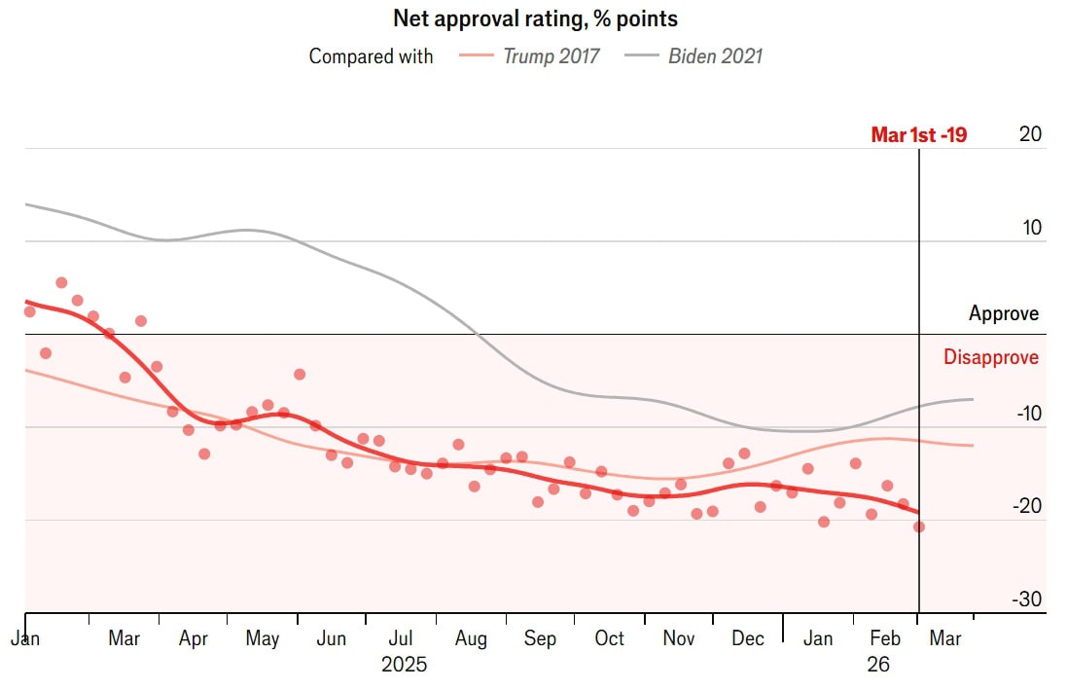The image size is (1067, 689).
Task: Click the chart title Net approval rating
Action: tap(535, 18)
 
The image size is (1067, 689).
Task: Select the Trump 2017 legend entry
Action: tap(551, 55)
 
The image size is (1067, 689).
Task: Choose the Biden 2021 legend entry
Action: tap(715, 55)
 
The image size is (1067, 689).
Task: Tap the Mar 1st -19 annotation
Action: tap(918, 135)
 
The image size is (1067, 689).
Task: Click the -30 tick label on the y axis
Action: tap(1026, 599)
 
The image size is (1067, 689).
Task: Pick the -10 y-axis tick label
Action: tap(1026, 414)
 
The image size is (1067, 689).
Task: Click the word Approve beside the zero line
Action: tap(1004, 313)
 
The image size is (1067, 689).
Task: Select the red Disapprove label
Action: tap(991, 357)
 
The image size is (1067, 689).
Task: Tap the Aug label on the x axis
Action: tap(471, 639)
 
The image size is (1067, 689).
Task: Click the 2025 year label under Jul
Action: tap(404, 666)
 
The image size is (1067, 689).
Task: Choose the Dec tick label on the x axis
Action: tap(748, 639)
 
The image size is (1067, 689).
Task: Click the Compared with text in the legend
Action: tap(371, 55)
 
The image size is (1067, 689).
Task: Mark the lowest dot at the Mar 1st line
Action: tap(919, 526)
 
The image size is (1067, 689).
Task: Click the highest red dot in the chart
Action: tap(61, 282)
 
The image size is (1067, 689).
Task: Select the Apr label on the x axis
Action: tap(194, 639)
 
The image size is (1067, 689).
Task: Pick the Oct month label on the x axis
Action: tap(609, 639)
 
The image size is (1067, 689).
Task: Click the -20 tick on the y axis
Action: tap(1026, 506)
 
